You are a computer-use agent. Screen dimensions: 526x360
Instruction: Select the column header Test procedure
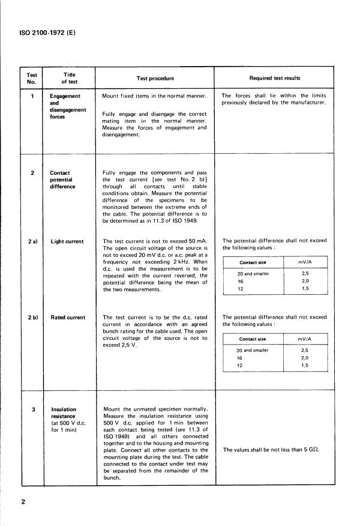155,78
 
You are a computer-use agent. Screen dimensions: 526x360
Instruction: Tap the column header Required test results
275,78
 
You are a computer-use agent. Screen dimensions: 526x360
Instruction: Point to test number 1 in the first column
31,95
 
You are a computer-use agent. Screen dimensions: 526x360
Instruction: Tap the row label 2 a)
32,241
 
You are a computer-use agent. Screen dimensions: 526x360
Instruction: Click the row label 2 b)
32,318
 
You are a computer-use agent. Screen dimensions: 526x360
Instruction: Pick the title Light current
67,241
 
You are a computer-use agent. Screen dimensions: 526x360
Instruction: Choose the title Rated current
68,318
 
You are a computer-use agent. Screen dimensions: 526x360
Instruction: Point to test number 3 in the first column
31,409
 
